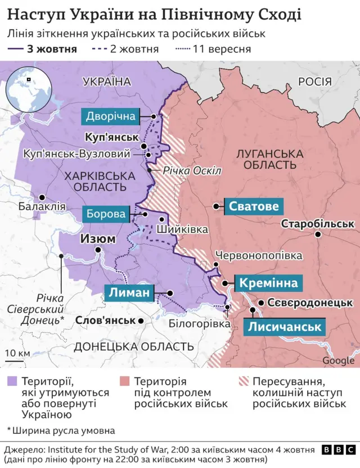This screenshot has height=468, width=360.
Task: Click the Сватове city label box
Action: coord(253,206)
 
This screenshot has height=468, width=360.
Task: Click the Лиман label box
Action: coord(129,293)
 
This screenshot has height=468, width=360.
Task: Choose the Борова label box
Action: coord(106,214)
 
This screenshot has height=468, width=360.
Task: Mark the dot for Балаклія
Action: coord(42,197)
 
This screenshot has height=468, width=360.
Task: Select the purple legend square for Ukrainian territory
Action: coord(12,382)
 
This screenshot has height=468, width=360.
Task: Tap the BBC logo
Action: coord(337,450)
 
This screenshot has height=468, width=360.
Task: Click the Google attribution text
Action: coord(338,361)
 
